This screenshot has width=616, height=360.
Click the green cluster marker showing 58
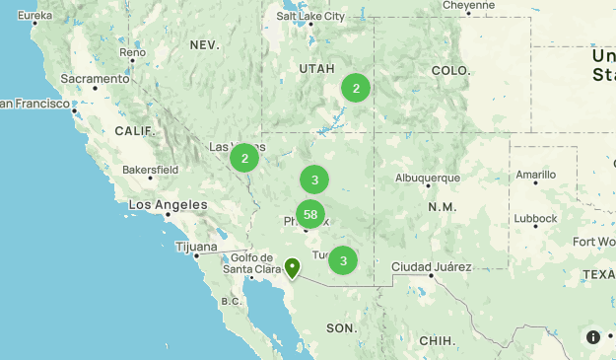(x=310, y=214)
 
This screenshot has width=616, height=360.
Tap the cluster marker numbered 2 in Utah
(x=355, y=88)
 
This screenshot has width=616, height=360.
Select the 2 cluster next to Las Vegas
(x=244, y=158)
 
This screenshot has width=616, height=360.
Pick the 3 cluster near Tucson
(x=343, y=260)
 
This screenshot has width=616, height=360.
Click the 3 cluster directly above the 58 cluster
(x=314, y=180)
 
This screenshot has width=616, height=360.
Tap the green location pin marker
(x=293, y=267)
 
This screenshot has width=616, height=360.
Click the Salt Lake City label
(x=310, y=16)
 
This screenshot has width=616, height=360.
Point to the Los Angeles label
(x=169, y=205)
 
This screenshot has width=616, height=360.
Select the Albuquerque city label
(x=427, y=178)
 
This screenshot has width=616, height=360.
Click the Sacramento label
(x=95, y=78)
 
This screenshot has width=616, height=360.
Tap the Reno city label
(x=132, y=52)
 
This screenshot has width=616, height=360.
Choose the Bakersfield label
(x=150, y=170)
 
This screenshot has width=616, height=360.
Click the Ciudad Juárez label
(x=431, y=266)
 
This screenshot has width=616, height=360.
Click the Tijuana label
(x=195, y=247)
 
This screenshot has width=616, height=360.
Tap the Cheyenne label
(x=467, y=5)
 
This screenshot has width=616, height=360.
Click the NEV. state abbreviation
(x=204, y=45)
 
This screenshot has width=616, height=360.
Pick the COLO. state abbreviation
(x=450, y=71)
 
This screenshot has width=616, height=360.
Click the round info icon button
(x=593, y=336)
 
